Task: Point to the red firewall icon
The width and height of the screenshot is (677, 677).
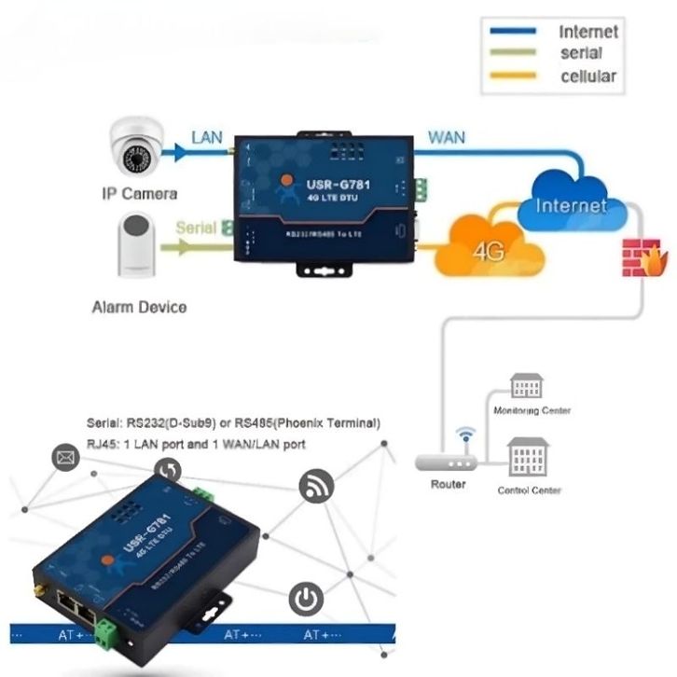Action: (639, 257)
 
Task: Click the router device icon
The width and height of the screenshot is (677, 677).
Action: (449, 460)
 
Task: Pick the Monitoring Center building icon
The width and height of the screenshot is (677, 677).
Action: (526, 387)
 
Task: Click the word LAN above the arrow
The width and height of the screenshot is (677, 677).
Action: (207, 137)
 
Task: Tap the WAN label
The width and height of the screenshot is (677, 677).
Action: (447, 137)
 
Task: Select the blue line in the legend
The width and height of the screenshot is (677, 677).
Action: (507, 31)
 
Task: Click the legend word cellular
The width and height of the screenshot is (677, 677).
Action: (587, 76)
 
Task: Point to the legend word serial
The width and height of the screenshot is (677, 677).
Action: (581, 54)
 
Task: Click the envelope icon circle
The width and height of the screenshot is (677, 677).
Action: (66, 458)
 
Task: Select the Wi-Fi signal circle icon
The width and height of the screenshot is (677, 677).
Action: (316, 486)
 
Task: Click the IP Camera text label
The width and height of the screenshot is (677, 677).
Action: (138, 194)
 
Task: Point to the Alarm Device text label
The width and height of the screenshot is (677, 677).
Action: (139, 307)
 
